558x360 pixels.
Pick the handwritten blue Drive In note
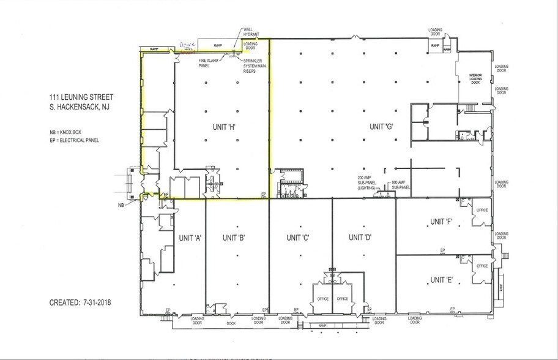coord(186,46)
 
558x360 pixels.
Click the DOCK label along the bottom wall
coord(231,323)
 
